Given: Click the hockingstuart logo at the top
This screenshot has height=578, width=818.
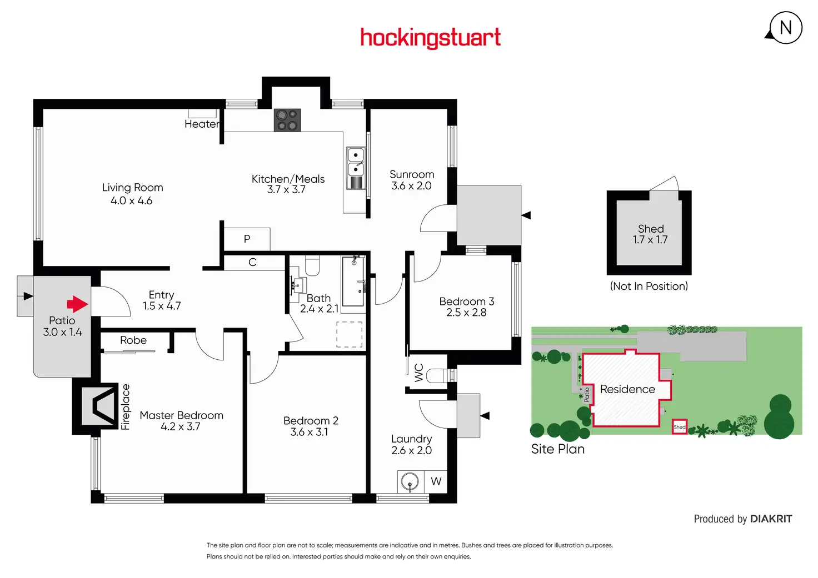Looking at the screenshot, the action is pyautogui.click(x=430, y=38).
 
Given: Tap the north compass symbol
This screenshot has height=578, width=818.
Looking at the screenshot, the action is pyautogui.click(x=785, y=28).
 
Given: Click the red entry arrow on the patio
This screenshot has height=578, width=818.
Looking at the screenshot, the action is pyautogui.click(x=77, y=304).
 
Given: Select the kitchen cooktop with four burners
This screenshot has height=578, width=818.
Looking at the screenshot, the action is pyautogui.click(x=287, y=120).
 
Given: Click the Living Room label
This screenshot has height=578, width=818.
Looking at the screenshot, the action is pyautogui.click(x=132, y=188).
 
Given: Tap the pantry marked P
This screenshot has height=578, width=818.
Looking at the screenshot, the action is pyautogui.click(x=247, y=239).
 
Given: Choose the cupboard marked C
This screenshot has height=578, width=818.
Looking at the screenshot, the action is pyautogui.click(x=252, y=262).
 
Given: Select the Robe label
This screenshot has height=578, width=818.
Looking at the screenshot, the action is pyautogui.click(x=133, y=340).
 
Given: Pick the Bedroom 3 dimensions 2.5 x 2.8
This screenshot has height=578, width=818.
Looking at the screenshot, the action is pyautogui.click(x=466, y=313).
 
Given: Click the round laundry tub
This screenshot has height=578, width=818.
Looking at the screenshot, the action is pyautogui.click(x=410, y=481).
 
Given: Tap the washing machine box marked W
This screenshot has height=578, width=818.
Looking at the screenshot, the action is pyautogui.click(x=436, y=481).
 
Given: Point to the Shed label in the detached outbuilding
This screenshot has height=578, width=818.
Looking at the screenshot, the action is pyautogui.click(x=651, y=229).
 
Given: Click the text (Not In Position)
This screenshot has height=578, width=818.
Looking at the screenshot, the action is pyautogui.click(x=649, y=286).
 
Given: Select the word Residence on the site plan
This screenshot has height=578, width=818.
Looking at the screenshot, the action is pyautogui.click(x=627, y=389).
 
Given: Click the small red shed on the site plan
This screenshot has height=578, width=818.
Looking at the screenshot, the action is pyautogui.click(x=680, y=426).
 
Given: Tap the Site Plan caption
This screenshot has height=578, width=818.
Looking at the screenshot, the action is pyautogui.click(x=558, y=449).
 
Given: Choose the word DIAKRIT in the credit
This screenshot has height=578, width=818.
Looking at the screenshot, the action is pyautogui.click(x=771, y=519).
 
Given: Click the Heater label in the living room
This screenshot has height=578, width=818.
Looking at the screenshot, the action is pyautogui.click(x=201, y=124).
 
